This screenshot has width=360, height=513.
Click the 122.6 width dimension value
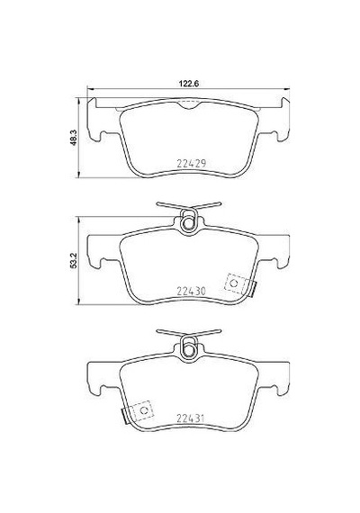(188, 83)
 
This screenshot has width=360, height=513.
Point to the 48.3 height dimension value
(73, 138)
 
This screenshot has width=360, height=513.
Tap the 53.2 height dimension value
(73, 261)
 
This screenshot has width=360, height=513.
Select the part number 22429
(192, 163)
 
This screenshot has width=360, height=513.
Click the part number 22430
(192, 291)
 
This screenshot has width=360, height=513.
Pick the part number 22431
(191, 418)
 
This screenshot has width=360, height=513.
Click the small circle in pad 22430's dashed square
(234, 283)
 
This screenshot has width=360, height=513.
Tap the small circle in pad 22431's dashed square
(144, 410)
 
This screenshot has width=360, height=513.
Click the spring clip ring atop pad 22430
(188, 223)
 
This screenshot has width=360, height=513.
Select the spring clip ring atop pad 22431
(188, 350)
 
